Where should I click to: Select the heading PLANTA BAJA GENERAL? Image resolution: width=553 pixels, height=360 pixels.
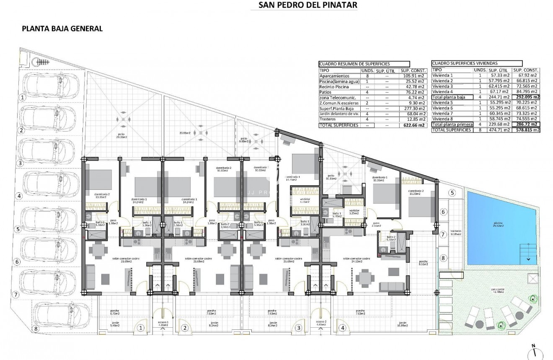coord(62,28)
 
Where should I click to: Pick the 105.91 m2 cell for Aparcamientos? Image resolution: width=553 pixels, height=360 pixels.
coord(413,76)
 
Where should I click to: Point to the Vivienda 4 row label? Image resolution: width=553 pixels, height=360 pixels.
coord(443,91)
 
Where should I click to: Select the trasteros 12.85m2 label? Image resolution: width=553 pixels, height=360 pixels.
coord(456,233)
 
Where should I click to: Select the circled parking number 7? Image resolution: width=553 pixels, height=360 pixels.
coord(16,295)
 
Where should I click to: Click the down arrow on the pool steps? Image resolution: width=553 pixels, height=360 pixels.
coord(529,260)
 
